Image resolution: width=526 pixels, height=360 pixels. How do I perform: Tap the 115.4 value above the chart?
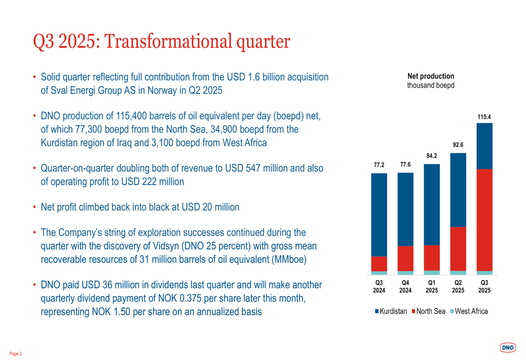click(x=484, y=117)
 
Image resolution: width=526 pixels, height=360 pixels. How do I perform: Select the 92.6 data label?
click(x=458, y=145)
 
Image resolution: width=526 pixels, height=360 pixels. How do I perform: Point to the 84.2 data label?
click(x=432, y=156)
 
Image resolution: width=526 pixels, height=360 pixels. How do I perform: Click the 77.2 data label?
click(x=379, y=165)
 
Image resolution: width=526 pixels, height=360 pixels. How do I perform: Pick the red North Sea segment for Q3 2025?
click(x=484, y=220)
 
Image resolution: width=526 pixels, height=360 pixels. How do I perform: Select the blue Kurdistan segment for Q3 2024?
click(x=379, y=214)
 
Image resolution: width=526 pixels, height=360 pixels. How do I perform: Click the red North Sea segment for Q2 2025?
click(x=458, y=249)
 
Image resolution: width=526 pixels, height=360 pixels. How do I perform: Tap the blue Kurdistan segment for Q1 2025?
click(x=432, y=204)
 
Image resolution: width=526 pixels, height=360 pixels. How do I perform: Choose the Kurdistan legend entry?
click(x=391, y=311)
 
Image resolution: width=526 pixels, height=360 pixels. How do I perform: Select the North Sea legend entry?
click(x=428, y=311)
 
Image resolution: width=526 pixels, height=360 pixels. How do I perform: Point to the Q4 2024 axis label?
click(x=405, y=286)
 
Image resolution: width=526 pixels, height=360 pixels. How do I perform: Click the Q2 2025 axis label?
click(x=458, y=286)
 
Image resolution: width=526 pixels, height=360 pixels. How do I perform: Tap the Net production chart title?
click(x=431, y=76)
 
